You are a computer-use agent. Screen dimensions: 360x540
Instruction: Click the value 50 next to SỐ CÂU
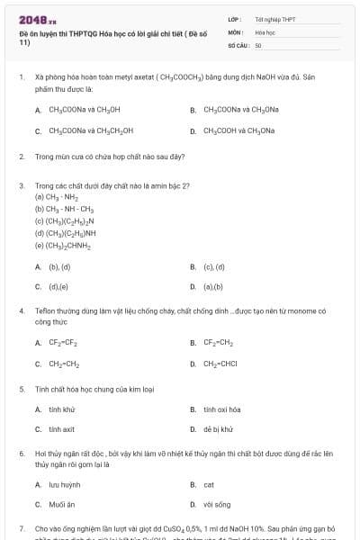pos(258,44)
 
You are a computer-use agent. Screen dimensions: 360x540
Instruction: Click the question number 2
pos(21,157)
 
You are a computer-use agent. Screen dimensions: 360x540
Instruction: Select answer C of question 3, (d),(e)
pos(58,287)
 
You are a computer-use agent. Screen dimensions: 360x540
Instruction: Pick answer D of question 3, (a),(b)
pos(212,287)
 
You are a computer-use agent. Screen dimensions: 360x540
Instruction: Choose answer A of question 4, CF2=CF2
pos(63,343)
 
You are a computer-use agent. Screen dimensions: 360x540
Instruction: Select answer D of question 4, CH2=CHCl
pos(220,364)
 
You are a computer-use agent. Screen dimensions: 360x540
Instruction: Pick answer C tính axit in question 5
pos(62,430)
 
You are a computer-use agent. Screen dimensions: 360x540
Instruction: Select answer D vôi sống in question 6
pos(217,505)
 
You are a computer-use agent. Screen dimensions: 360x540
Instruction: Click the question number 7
pos(21,527)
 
